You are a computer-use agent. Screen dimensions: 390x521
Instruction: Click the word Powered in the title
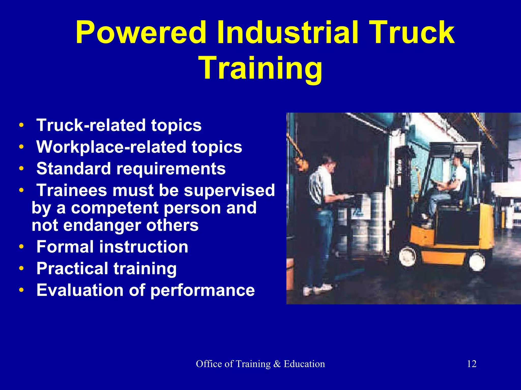141,33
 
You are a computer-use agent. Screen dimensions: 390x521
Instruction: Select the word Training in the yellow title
262,68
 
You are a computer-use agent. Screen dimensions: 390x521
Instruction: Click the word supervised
229,190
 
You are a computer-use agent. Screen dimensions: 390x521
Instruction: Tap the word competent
115,208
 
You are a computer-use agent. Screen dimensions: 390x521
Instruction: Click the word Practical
72,268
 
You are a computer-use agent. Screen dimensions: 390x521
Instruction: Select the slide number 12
472,364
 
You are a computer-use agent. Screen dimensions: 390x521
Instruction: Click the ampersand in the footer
277,364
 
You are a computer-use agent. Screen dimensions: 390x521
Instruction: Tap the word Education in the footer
304,364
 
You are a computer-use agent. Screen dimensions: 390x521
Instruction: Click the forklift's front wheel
408,256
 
